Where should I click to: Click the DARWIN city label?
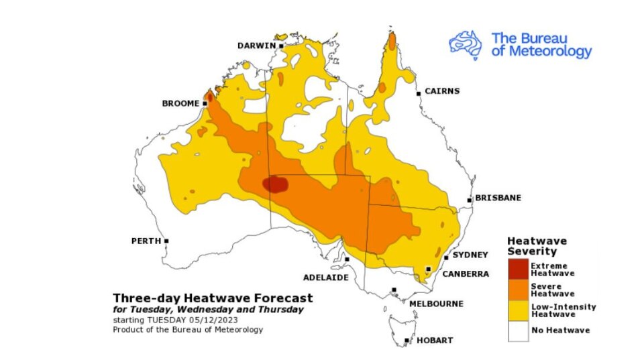pos(256,46)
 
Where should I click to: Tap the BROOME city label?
pos(180,103)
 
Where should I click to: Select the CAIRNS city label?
pos(441,91)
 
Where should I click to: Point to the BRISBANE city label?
pos(498,198)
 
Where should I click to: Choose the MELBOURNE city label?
pos(436,304)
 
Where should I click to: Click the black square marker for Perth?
pos(166,241)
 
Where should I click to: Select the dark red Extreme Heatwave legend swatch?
pos(518,269)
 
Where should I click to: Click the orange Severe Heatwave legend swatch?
pos(518,290)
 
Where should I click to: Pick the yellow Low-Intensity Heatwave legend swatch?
pos(518,310)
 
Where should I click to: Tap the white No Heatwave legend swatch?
pos(518,330)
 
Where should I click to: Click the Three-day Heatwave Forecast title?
pos(213,298)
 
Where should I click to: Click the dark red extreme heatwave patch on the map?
pos(275,184)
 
